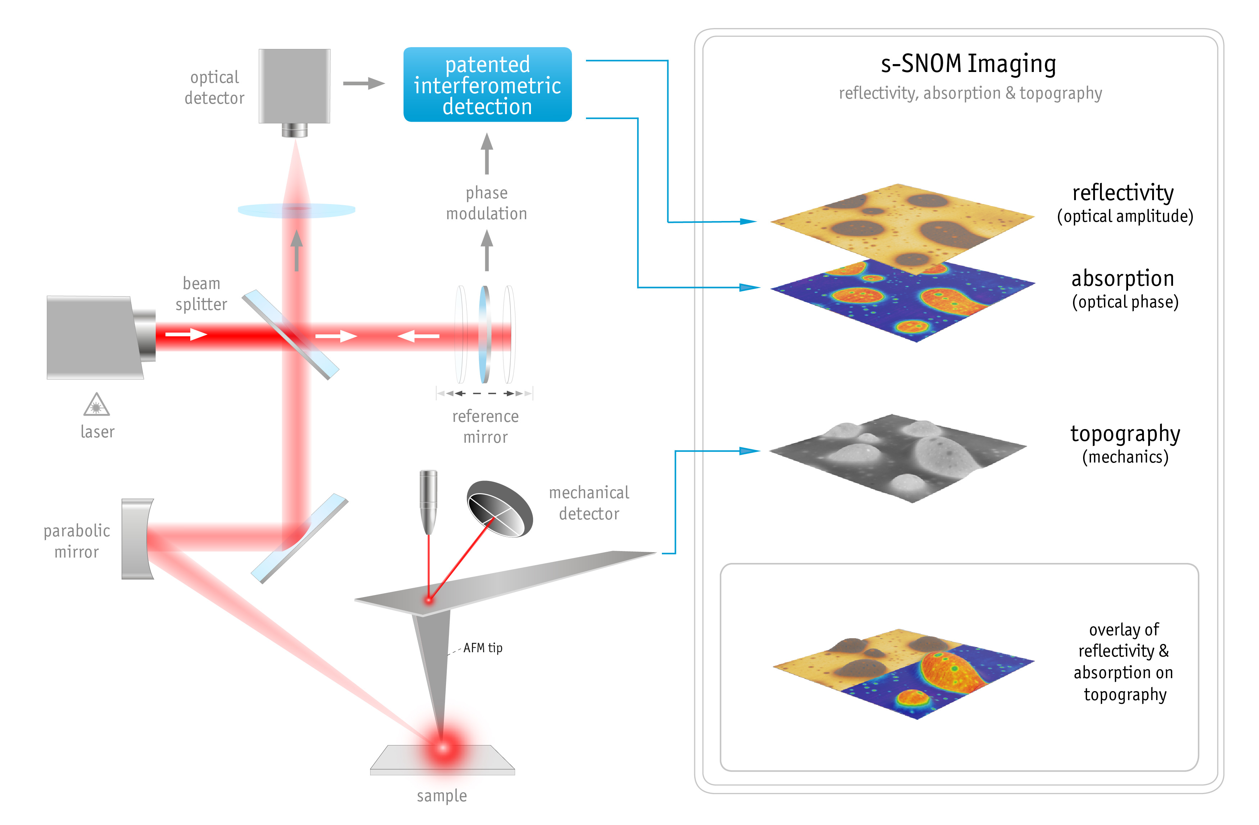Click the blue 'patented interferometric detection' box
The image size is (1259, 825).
point(487,85)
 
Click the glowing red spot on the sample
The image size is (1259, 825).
point(442,747)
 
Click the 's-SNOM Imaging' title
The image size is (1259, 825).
point(968,64)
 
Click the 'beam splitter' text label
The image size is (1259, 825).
point(201,294)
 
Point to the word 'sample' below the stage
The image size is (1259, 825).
point(442,795)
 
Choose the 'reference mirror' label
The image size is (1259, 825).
point(485,427)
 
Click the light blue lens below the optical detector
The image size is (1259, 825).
point(296,210)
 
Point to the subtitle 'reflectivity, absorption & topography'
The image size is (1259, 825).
point(970,93)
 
